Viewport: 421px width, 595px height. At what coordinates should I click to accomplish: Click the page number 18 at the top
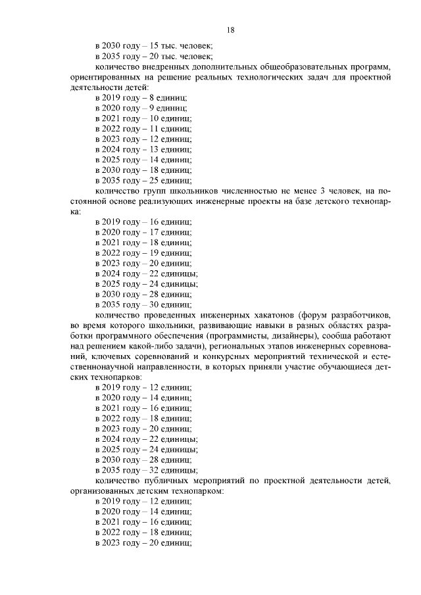(x=231, y=30)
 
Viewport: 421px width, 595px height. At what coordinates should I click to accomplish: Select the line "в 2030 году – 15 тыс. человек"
(x=154, y=45)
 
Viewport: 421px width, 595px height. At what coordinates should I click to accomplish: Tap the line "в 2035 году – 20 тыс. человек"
(x=154, y=56)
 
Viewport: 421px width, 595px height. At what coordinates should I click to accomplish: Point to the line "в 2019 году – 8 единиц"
(x=141, y=97)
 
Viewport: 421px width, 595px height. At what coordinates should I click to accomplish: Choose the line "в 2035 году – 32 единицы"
(x=146, y=471)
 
